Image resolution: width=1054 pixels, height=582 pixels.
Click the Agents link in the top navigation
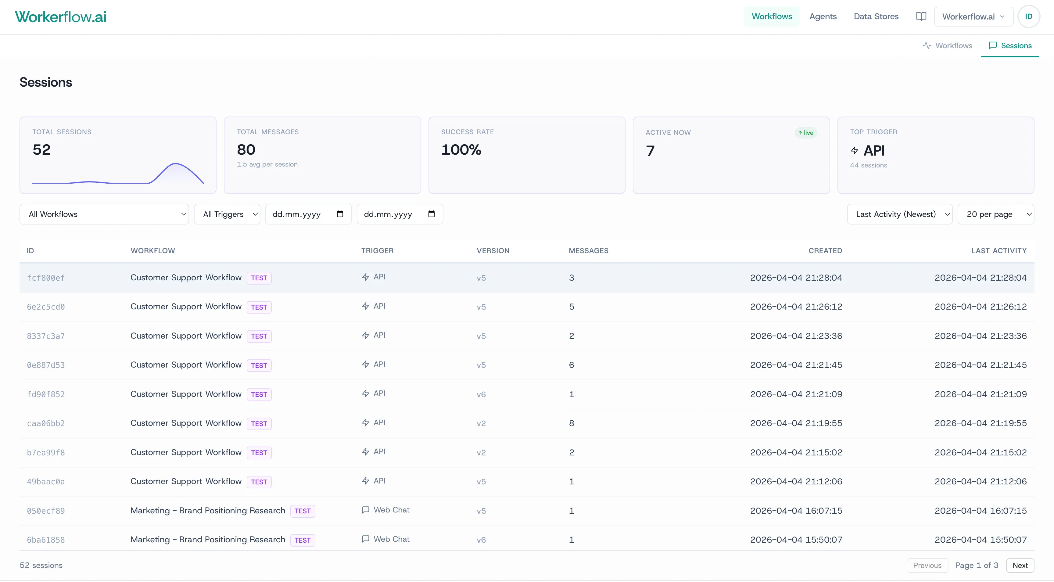[823, 16]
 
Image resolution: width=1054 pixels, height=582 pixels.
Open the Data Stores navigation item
[876, 16]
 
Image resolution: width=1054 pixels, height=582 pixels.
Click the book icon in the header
[921, 16]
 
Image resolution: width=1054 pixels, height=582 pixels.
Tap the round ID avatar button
[1028, 16]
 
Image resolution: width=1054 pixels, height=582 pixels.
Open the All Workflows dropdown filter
[104, 214]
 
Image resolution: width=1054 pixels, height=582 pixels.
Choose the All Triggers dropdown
[227, 214]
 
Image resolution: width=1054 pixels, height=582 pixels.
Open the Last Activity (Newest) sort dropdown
[899, 214]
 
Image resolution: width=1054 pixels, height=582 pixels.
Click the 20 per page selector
[995, 214]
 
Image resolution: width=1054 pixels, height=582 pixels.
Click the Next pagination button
[1020, 565]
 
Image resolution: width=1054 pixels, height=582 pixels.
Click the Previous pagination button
[927, 565]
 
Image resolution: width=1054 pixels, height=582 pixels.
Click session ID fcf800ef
[46, 278]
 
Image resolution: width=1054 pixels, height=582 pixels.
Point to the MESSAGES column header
[588, 250]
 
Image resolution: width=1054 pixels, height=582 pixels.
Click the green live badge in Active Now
[806, 133]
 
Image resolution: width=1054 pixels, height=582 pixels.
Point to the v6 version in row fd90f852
[481, 394]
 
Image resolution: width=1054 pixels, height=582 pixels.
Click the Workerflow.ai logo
[61, 17]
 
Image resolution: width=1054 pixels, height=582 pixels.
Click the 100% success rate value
[461, 150]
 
